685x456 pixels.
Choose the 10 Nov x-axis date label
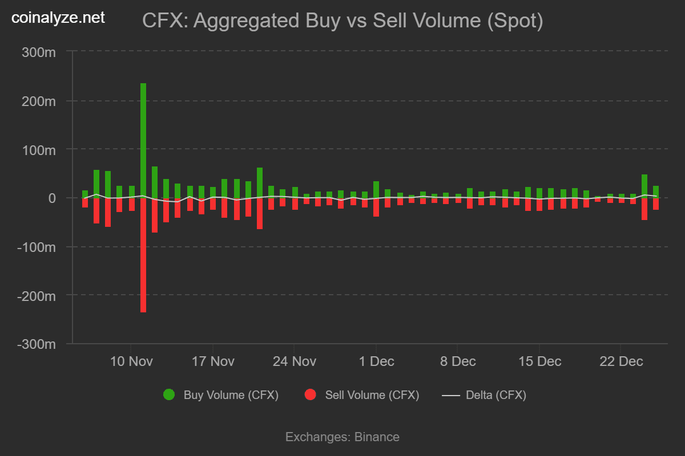(131, 361)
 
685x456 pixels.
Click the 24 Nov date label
(295, 361)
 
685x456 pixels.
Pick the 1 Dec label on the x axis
(376, 361)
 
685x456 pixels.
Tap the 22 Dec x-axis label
(622, 361)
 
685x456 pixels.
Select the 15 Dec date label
(539, 361)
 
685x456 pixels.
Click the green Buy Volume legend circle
(169, 395)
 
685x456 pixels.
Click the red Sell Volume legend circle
(311, 395)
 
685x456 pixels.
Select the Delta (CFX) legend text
(496, 395)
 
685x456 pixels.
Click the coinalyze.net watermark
(59, 18)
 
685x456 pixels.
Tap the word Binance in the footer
(377, 437)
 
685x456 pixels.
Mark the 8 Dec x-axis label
(458, 361)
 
